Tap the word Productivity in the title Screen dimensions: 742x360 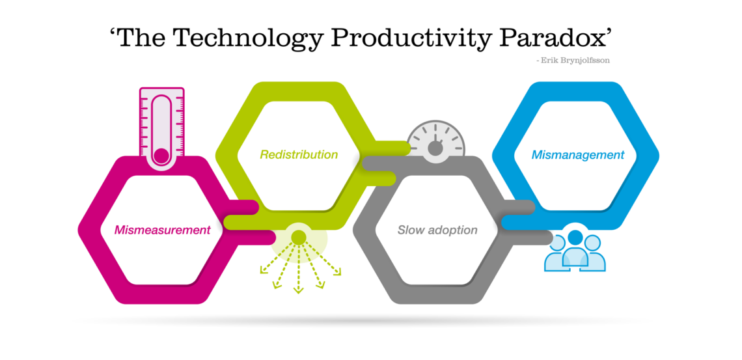[x=407, y=37]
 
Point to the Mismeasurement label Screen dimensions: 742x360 [x=162, y=230]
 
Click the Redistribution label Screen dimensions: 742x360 [x=299, y=155]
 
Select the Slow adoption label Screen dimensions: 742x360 [x=437, y=230]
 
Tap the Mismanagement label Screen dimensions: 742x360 [x=578, y=155]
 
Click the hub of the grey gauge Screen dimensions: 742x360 [x=435, y=148]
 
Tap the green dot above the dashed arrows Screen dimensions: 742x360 [x=299, y=236]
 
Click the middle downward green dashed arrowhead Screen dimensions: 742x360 [x=298, y=289]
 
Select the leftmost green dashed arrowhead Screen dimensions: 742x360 [x=263, y=270]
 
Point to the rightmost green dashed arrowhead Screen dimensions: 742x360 [x=337, y=271]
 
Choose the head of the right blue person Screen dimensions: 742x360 [x=592, y=243]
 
